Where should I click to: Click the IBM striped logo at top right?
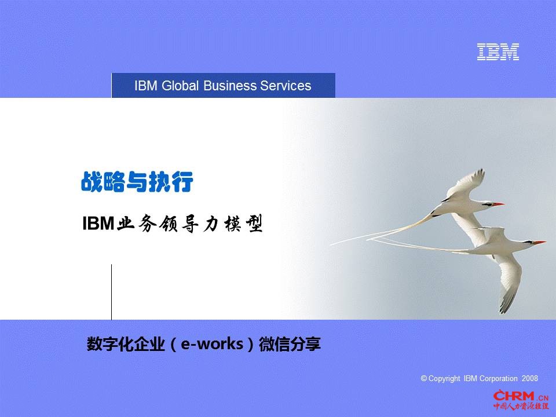[498, 52]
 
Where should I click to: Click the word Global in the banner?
[180, 86]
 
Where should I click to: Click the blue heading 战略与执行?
[137, 182]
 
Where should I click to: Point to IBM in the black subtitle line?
[98, 224]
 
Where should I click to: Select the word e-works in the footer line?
[212, 344]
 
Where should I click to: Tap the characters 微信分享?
[290, 344]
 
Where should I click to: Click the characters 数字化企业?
[126, 344]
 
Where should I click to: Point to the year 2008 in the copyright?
[530, 378]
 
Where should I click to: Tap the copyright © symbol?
[424, 378]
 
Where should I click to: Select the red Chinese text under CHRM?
[521, 405]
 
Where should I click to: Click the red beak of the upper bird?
[498, 204]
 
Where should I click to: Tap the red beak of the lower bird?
[540, 242]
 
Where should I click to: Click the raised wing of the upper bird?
[466, 183]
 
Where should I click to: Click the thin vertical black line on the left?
[112, 292]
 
